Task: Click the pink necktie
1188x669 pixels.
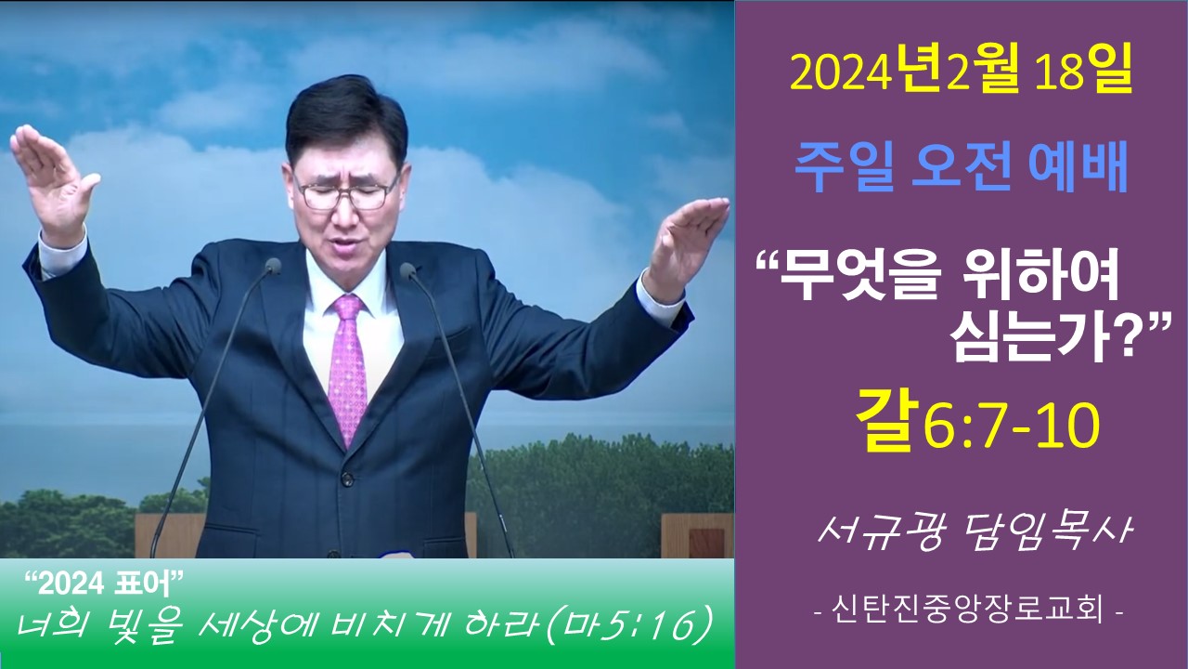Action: (x=347, y=366)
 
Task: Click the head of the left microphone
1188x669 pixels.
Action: (x=273, y=266)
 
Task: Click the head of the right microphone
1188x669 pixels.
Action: (x=408, y=271)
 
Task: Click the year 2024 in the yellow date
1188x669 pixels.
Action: (x=840, y=76)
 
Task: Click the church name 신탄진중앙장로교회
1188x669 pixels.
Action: (x=968, y=610)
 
